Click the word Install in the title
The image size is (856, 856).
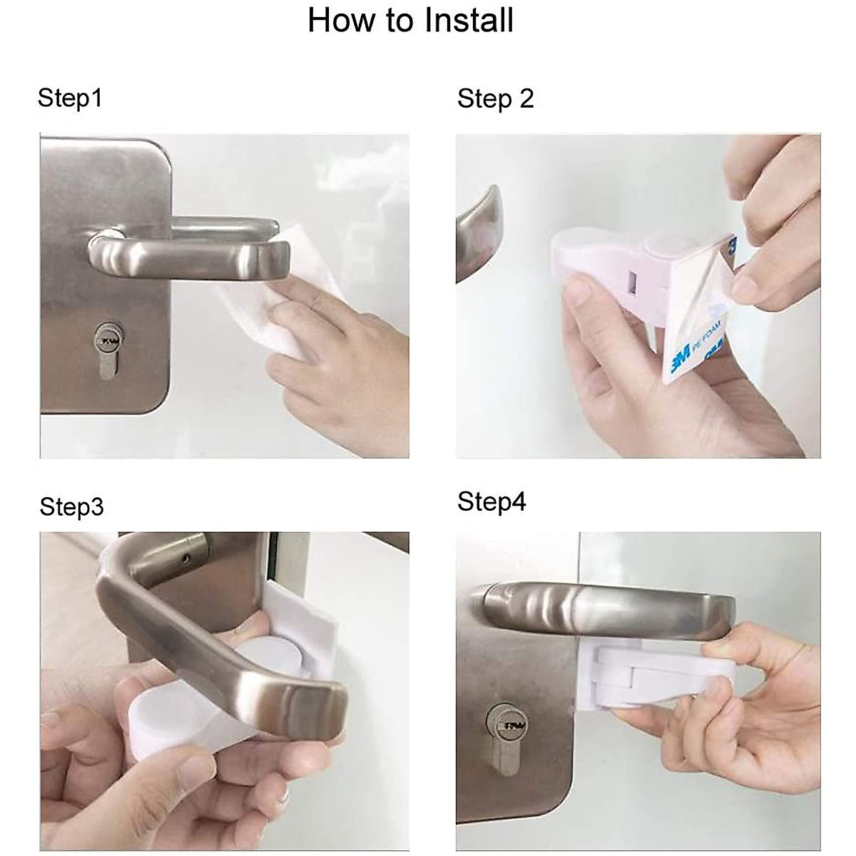pyautogui.click(x=469, y=20)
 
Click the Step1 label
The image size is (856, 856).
pyautogui.click(x=70, y=98)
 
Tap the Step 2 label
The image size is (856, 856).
pyautogui.click(x=495, y=98)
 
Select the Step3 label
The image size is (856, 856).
pyautogui.click(x=71, y=507)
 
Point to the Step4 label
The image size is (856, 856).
pyautogui.click(x=491, y=501)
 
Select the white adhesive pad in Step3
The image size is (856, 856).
pyautogui.click(x=307, y=620)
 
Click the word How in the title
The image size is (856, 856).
pyautogui.click(x=335, y=20)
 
